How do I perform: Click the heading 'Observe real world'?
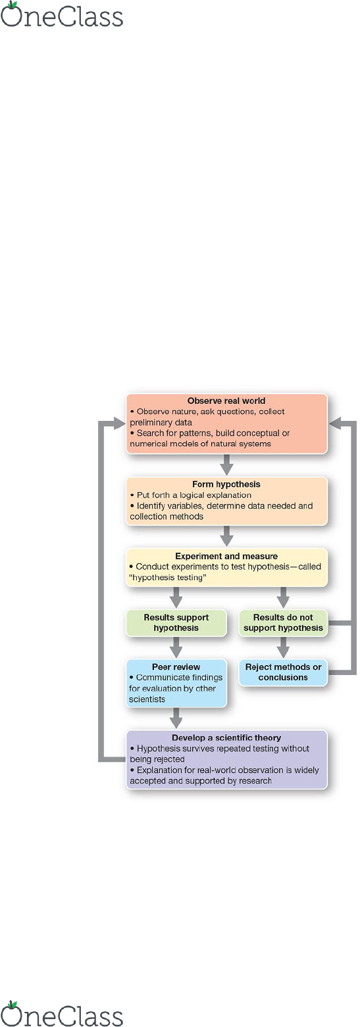coord(226,400)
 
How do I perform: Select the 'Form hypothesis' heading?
coord(226,484)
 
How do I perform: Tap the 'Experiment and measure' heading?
coord(226,556)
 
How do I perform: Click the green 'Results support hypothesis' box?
coord(176,622)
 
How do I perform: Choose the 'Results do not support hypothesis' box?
coord(283,622)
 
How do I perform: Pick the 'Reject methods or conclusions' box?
coord(283,672)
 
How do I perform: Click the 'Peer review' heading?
coord(176,666)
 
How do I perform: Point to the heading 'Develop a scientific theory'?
coord(226,738)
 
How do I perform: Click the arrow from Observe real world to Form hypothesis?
coord(226,465)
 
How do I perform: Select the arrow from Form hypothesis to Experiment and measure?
coord(226,536)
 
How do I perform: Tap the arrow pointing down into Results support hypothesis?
coord(176,597)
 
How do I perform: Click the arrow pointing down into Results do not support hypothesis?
coord(283,597)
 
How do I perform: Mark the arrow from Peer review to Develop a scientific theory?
coord(176,718)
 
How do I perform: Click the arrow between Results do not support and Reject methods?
coord(283,647)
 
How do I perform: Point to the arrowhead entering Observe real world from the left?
coord(118,424)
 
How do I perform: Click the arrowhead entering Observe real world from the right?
coord(335,424)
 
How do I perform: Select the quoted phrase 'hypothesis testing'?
coord(168,577)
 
